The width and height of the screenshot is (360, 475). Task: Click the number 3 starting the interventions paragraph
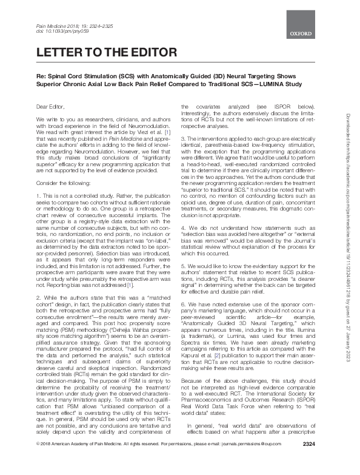pos(184,139)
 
